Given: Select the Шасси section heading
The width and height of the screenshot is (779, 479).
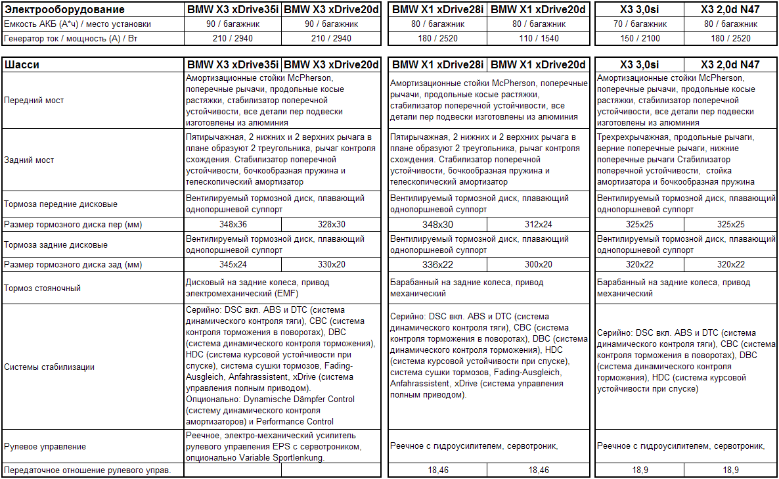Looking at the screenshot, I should click(22, 65).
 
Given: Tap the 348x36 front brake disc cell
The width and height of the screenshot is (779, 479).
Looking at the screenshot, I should click(233, 225).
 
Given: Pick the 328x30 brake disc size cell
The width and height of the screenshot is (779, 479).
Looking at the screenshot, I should click(331, 225).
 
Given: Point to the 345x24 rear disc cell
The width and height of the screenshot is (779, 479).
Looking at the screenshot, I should click(233, 265).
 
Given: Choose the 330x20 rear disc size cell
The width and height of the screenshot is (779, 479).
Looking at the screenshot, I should click(331, 265).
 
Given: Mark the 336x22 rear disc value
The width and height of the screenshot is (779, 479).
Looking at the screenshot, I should click(437, 265).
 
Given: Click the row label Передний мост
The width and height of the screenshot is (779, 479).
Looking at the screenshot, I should click(34, 101).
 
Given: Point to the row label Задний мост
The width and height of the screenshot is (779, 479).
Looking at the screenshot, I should click(29, 160).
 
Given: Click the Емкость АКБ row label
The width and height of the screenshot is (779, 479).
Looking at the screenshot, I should click(77, 24).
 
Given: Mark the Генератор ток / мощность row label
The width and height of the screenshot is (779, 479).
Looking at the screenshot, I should click(74, 38).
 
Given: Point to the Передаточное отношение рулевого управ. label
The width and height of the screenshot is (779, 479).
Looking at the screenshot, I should click(87, 470).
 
